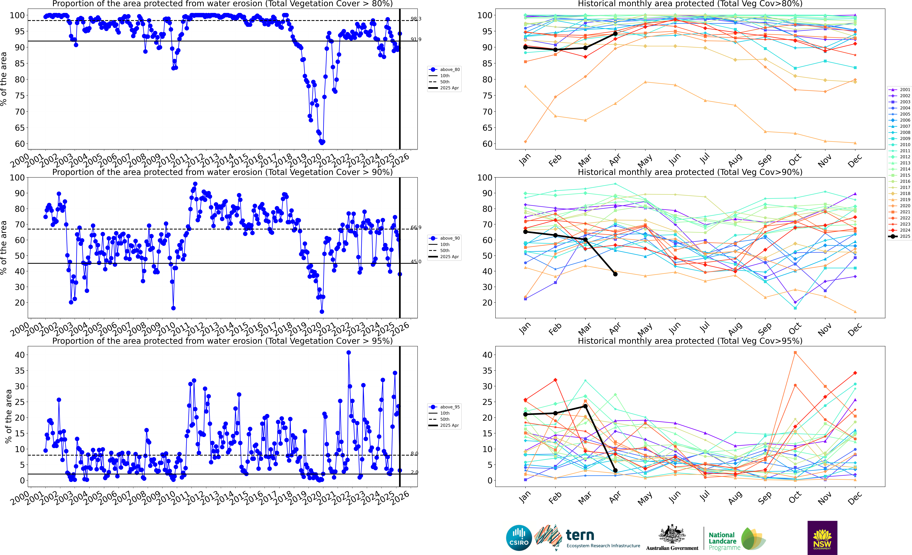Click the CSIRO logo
pyautogui.click(x=519, y=538)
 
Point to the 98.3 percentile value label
pyautogui.click(x=416, y=19)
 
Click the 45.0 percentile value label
pyautogui.click(x=416, y=262)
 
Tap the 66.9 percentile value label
pyautogui.click(x=416, y=228)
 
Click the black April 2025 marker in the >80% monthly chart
pyautogui.click(x=615, y=34)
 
